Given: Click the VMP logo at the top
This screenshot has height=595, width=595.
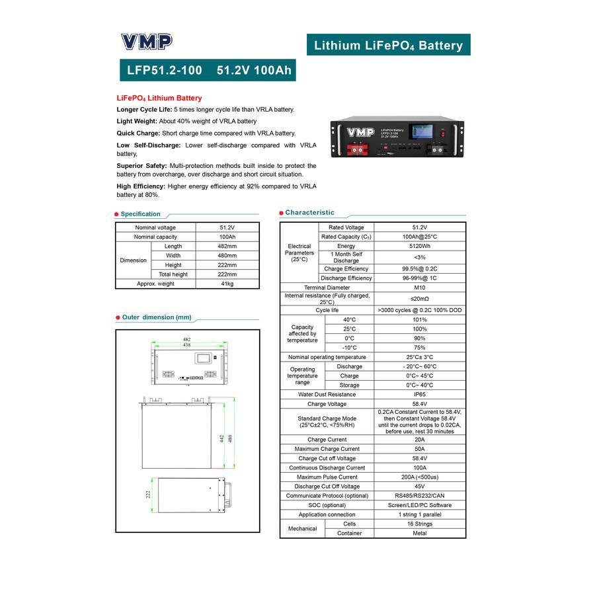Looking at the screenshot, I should coord(146,42).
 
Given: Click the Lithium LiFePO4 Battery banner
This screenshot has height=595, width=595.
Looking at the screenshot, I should coord(388,45).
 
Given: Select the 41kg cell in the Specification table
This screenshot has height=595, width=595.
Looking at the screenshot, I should coord(227,284).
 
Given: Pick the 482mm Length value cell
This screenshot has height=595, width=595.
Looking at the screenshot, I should coord(227,246).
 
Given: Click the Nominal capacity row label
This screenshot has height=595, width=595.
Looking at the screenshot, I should coord(155,237).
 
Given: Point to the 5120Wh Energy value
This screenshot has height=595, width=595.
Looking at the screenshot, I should coord(419,246).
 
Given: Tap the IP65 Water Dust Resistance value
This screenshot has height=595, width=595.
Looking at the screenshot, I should coord(419,395).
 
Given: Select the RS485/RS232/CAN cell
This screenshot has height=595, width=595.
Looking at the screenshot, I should coord(419,496).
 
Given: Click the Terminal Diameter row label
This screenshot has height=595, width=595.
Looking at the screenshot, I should coord(327,288).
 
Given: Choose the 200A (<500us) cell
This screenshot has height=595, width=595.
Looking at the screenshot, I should coord(419,477).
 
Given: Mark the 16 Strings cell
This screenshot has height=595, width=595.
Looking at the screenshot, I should coord(419,524).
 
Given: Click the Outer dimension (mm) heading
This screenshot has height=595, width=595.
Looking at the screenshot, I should coord(157,317).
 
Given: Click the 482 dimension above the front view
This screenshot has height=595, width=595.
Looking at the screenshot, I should coord(186,339).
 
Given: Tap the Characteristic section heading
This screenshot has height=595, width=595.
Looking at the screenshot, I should coord(309,213).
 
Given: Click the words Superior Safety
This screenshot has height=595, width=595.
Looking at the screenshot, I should coord(141,166).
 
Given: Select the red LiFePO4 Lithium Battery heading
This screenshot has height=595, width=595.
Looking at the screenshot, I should coord(159,98).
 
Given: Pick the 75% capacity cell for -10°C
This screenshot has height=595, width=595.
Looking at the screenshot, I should coord(419,348).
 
